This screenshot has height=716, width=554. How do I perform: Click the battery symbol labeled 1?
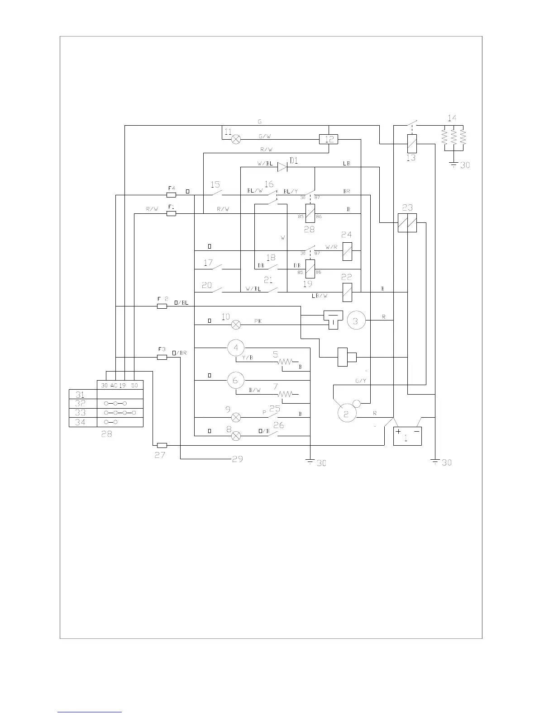coord(407,436)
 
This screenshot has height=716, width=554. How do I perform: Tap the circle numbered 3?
coord(356,320)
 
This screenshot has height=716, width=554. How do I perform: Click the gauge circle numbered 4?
coord(235,348)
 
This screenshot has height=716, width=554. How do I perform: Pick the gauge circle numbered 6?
coord(235,380)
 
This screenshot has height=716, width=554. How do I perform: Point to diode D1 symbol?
coord(282,167)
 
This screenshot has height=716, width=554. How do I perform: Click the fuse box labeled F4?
coord(171,195)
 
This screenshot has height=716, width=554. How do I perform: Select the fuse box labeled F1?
coord(171,213)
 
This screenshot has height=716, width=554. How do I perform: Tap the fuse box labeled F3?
coord(162,357)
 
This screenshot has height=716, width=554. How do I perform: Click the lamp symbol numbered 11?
coord(236,140)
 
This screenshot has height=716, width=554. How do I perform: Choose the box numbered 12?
coord(329,139)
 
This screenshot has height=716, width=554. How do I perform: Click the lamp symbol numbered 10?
coord(236,325)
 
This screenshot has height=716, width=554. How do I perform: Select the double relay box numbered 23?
coord(407,223)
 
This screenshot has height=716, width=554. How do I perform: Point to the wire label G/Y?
coord(360,381)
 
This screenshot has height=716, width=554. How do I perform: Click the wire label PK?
coord(258,321)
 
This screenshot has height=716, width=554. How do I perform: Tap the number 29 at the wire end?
coord(237,459)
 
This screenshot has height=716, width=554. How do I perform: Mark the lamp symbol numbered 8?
coord(236,436)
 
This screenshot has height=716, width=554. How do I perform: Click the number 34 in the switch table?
coord(80,422)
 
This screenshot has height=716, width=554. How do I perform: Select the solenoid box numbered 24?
coord(347,251)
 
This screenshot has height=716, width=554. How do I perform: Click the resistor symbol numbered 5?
coord(286,362)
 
